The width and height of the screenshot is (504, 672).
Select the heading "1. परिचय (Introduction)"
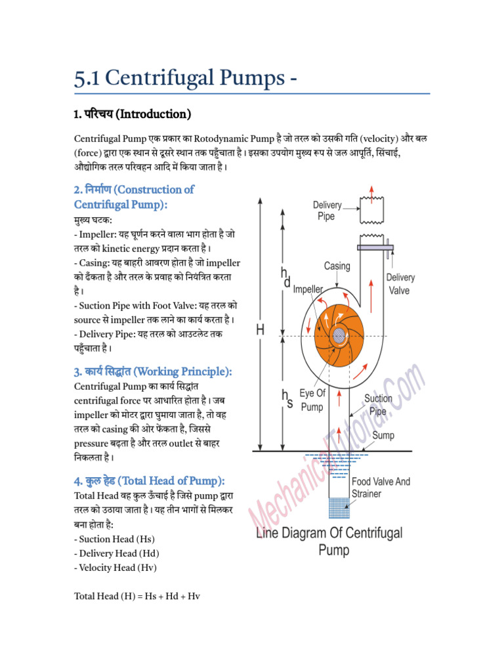point(132,114)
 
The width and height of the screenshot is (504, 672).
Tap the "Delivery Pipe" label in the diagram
point(327,211)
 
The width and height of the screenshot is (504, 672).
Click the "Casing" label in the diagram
point(337,266)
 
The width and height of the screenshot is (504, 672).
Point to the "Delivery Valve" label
point(400,283)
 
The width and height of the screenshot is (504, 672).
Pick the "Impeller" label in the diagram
point(308,289)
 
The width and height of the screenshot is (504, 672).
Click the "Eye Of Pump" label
point(312,400)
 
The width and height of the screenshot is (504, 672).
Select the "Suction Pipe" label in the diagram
point(378,405)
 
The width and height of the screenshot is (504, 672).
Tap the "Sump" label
point(383,435)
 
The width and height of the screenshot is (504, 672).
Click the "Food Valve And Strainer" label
point(381,488)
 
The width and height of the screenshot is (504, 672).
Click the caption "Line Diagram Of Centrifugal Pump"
point(329,541)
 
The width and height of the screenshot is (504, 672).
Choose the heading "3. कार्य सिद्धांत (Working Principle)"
point(153,371)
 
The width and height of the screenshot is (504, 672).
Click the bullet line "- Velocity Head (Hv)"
point(115,568)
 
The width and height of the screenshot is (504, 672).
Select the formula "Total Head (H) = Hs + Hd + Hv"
point(136,596)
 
